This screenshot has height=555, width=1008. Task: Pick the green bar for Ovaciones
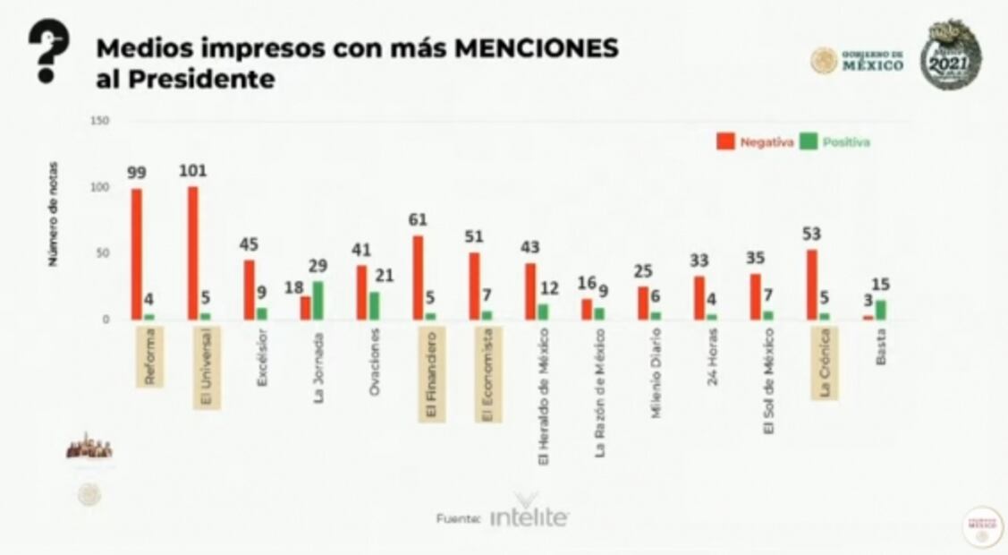coord(374,305)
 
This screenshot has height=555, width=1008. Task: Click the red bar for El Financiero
coord(418,277)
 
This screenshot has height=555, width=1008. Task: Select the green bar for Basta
coord(880,310)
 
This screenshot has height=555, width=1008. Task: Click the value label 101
coord(194,170)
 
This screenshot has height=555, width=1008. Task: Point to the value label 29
coord(318,266)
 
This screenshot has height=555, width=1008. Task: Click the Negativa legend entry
coord(755,141)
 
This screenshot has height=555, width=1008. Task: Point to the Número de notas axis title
coord(54,214)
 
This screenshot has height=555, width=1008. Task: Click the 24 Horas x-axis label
coord(713,363)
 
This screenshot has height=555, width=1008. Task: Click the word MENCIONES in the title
coord(537,48)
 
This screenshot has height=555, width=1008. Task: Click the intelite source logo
coord(529,517)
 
